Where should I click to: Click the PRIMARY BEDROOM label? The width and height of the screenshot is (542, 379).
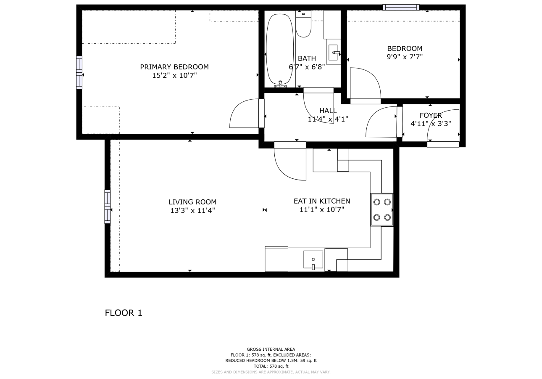174,67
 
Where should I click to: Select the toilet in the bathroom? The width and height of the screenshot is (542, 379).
303,24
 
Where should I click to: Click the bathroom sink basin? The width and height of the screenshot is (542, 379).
333,52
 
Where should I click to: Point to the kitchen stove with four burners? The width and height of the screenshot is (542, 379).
382,210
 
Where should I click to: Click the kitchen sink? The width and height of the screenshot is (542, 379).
313,260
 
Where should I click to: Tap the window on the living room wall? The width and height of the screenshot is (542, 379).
108,207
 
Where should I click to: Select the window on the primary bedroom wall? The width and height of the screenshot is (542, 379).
79,72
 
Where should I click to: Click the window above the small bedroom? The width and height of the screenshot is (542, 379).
401,8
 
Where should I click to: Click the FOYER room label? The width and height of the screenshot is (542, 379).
431,115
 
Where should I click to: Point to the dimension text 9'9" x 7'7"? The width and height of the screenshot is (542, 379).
405,57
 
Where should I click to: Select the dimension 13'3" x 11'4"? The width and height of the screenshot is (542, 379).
192,210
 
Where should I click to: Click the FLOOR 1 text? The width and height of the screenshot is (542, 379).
124,313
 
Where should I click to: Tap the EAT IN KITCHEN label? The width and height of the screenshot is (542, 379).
322,201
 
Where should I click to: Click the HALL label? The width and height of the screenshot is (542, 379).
328,111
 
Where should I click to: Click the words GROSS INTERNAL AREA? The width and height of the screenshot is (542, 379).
271,349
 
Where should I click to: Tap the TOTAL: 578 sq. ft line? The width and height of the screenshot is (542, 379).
271,366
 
